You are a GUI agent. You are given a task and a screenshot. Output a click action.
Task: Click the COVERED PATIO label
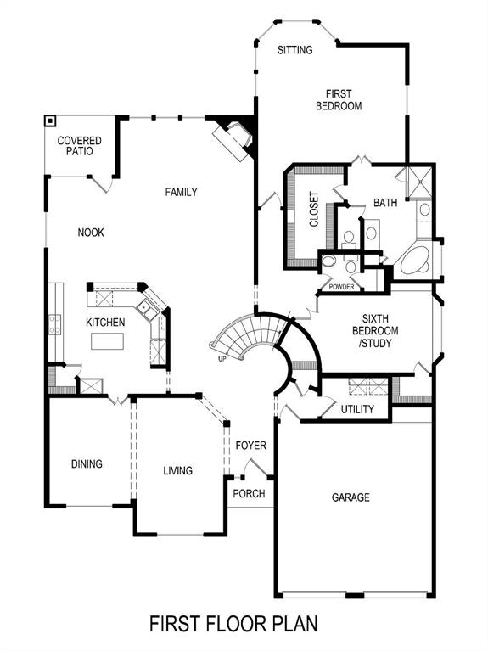[79, 145]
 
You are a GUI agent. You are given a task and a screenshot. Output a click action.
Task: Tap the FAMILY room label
[181, 193]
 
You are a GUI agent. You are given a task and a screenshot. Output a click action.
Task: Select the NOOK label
[91, 233]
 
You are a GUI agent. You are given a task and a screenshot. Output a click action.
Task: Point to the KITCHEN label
[105, 323]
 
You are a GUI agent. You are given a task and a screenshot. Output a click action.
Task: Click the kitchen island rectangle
[107, 342]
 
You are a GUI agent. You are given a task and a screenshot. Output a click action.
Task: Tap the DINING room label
[87, 464]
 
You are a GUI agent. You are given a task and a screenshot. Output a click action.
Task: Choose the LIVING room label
[178, 470]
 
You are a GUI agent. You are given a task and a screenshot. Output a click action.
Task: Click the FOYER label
[251, 446]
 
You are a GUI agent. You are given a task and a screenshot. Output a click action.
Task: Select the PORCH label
[249, 494]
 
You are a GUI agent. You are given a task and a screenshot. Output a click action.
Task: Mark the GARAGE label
[351, 497]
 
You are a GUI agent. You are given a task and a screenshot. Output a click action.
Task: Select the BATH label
[385, 203]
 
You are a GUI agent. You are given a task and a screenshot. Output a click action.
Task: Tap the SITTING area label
[295, 50]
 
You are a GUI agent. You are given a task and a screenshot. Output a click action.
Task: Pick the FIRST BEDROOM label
[339, 100]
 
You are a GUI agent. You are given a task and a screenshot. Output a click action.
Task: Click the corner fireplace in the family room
[234, 135]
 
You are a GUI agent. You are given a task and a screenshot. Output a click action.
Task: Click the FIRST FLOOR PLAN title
[233, 624]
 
